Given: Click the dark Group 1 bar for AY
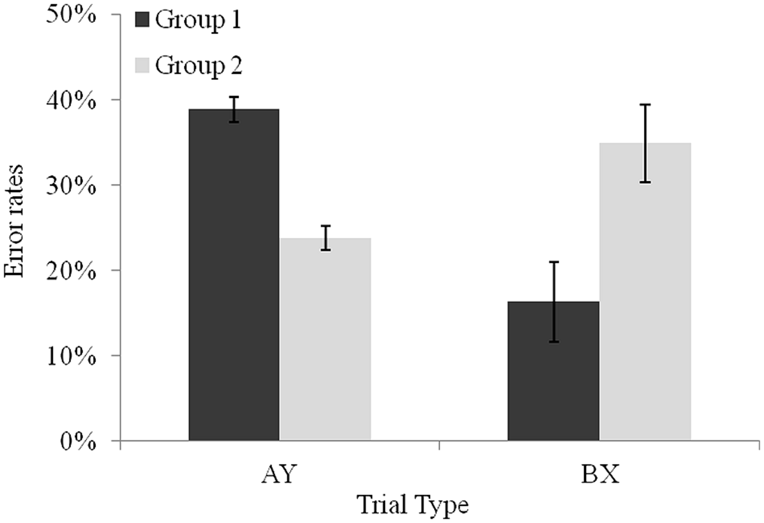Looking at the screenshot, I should [x=234, y=276].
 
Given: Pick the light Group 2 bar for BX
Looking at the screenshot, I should [x=645, y=293].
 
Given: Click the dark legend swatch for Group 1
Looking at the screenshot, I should [x=142, y=20].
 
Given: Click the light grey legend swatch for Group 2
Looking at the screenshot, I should [x=142, y=66].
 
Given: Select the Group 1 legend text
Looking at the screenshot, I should [x=198, y=20].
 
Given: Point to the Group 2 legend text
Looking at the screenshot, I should [x=198, y=66].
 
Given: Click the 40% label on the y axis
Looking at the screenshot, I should [x=71, y=100].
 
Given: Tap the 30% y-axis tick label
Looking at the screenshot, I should [x=71, y=185].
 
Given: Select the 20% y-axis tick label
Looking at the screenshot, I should [x=71, y=271].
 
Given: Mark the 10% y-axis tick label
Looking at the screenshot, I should [x=71, y=356].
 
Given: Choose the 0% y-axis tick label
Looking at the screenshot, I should [x=78, y=442].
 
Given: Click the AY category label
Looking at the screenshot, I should [x=279, y=474].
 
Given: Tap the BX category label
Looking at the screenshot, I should [x=600, y=474].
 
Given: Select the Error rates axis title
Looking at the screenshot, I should [x=14, y=221].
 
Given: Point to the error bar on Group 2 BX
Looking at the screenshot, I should [x=645, y=143].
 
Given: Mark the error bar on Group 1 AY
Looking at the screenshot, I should [x=234, y=109].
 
